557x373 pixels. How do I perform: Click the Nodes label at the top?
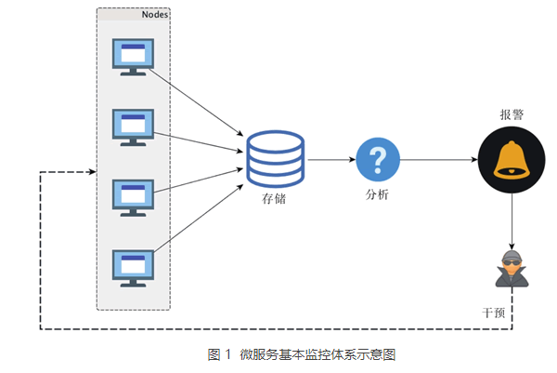(x=154, y=15)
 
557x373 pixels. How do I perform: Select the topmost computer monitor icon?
(x=134, y=56)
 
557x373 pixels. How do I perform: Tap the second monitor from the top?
(x=134, y=127)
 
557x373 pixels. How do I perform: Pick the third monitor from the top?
(x=134, y=196)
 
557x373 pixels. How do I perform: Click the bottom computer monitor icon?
(x=134, y=266)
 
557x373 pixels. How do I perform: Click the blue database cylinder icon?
(x=275, y=157)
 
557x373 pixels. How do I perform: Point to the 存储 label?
(x=275, y=197)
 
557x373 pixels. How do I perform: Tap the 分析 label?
(x=377, y=194)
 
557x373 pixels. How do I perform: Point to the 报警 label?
(x=512, y=114)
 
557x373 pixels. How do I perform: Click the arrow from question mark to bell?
(x=437, y=160)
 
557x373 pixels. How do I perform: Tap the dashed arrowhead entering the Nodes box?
(x=90, y=172)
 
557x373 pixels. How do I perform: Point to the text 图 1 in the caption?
(x=219, y=353)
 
